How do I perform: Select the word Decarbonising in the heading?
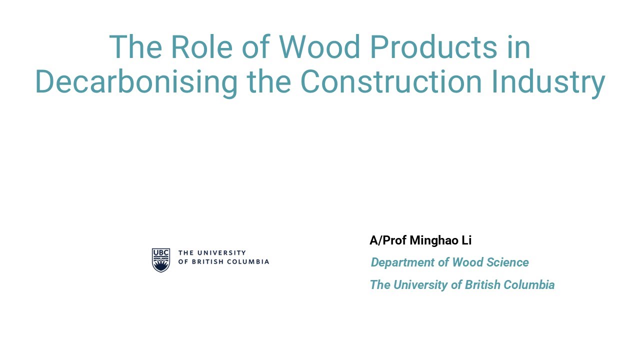click(x=136, y=82)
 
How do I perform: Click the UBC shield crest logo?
click(x=160, y=260)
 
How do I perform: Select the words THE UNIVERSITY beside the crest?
click(x=212, y=253)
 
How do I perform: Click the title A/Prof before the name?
click(x=388, y=240)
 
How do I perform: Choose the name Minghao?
click(x=433, y=240)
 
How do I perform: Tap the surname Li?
click(x=466, y=240)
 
